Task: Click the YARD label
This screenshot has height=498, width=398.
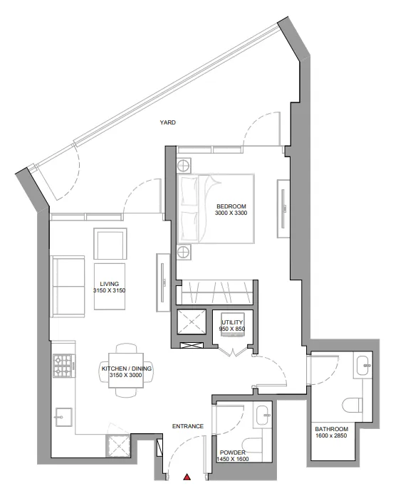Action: tap(167, 122)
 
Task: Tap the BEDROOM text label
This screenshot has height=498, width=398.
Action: tap(231, 207)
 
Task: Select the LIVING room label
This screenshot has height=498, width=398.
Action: tap(109, 284)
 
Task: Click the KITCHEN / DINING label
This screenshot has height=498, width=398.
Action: tap(127, 369)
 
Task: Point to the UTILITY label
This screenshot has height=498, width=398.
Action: tap(233, 322)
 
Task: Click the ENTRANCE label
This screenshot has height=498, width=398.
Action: tap(189, 427)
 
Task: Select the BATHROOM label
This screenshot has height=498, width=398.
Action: tap(332, 430)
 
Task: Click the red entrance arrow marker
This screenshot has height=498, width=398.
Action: tap(187, 477)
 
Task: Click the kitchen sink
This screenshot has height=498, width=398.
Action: tap(63, 415)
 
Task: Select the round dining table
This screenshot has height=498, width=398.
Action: tap(127, 370)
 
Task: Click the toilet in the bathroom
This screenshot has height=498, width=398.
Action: tap(353, 406)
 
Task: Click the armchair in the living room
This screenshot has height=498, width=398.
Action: tap(111, 244)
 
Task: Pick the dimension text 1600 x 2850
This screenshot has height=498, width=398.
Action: tap(332, 437)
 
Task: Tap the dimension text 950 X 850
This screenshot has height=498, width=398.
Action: tap(233, 329)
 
